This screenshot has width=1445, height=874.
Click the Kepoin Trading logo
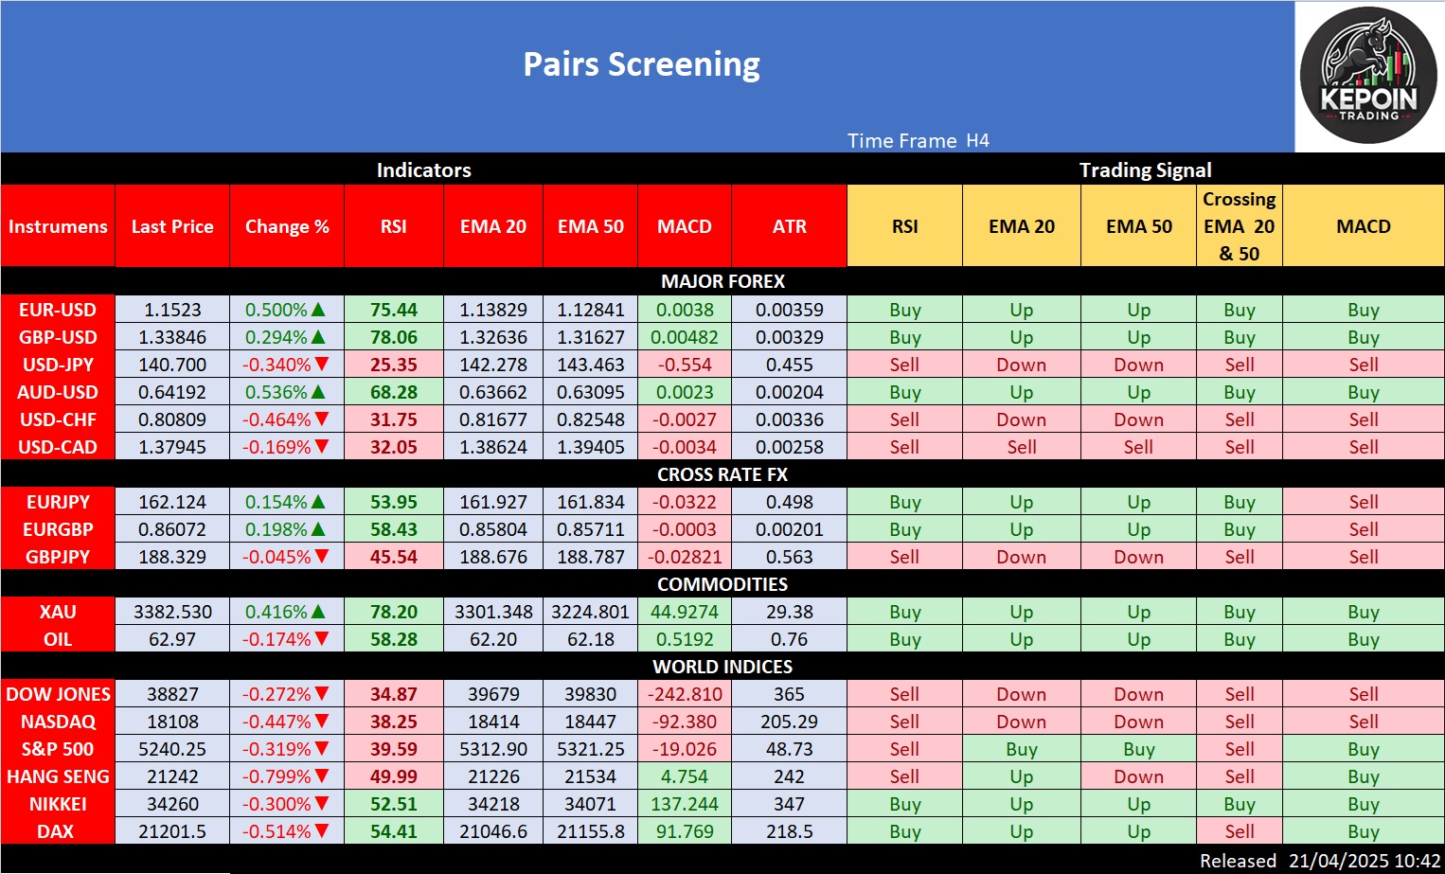coord(1368,76)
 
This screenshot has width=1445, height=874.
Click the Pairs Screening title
coord(641,64)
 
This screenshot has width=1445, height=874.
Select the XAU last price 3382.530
coord(172,612)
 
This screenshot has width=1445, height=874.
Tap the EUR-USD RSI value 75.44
coord(394,310)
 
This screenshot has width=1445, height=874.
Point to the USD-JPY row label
coord(58,365)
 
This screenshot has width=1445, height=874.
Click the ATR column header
coord(789,226)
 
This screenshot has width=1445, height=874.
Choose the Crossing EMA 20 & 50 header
coord(1239,226)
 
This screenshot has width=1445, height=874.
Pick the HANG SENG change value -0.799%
coord(277,776)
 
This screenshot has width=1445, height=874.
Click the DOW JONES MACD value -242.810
coord(685,694)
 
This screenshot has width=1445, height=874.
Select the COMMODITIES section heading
coord(722,584)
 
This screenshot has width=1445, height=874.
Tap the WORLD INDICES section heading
coord(722,667)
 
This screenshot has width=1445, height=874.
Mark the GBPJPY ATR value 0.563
coord(789,557)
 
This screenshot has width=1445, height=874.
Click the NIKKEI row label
coord(58,804)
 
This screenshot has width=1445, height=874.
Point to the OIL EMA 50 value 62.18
coord(591,639)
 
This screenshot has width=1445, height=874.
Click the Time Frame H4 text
coord(918,141)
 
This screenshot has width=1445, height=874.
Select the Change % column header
coord(287,226)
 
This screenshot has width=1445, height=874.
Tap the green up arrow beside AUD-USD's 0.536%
coord(319,392)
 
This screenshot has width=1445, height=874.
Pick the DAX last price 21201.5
coord(172,831)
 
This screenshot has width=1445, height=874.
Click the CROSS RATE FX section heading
coord(722,474)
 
